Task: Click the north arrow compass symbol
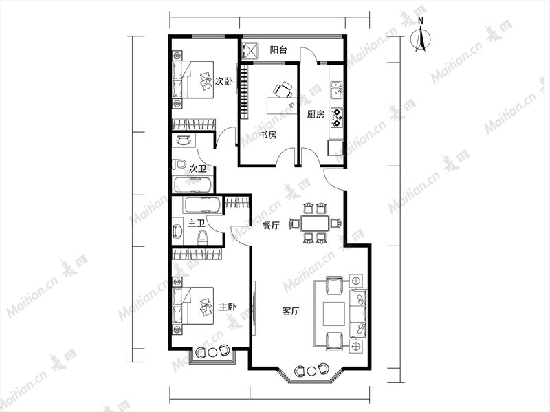click(421, 36)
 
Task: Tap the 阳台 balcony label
click(278, 50)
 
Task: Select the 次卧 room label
click(224, 82)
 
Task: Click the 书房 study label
click(268, 135)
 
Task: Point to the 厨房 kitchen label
click(316, 114)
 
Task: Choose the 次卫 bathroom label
click(197, 169)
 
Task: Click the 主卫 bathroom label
click(197, 224)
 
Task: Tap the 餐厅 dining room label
click(272, 226)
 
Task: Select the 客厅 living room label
click(291, 311)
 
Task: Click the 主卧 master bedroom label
click(228, 307)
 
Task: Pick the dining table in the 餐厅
click(315, 223)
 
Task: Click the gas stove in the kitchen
click(337, 117)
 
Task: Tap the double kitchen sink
click(337, 90)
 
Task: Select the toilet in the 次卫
click(179, 164)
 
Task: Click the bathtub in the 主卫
click(203, 205)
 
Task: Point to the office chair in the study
click(283, 90)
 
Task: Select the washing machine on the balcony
click(250, 50)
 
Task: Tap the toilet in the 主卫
click(202, 237)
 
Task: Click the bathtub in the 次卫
click(192, 185)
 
